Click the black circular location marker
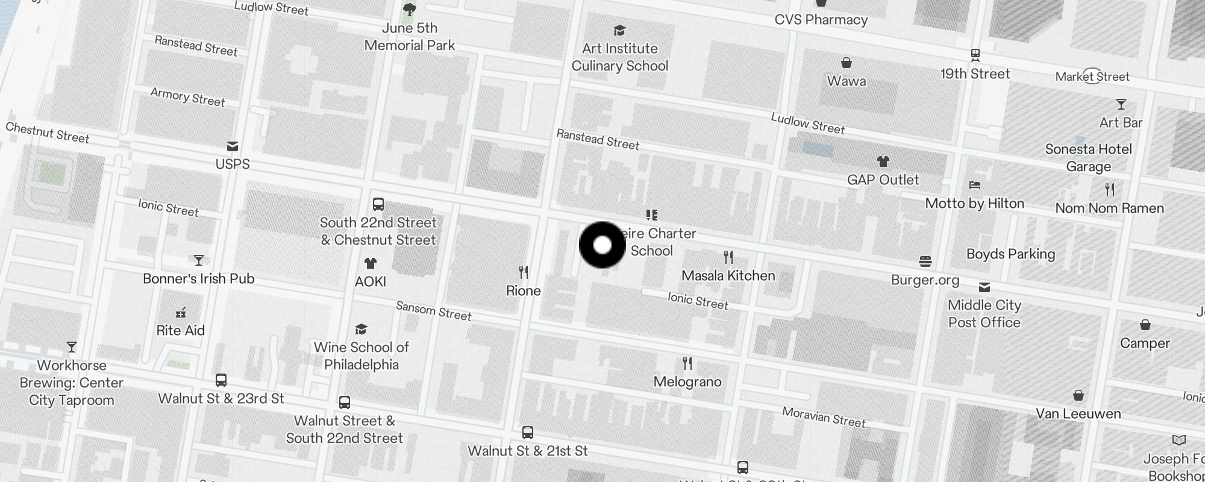(x=602, y=245)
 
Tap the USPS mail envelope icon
(x=233, y=146)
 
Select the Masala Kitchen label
(x=728, y=276)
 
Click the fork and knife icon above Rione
(x=524, y=272)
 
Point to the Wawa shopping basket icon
(x=847, y=63)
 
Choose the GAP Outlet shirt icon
(x=883, y=161)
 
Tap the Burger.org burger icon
(x=925, y=261)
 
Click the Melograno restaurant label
(x=687, y=382)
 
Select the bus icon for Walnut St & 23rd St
(x=221, y=380)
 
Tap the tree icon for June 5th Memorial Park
(x=410, y=9)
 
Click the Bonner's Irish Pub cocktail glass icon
(x=199, y=260)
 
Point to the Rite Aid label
(x=181, y=331)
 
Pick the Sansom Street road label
(x=433, y=311)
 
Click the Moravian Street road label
(x=824, y=417)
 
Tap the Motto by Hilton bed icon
(x=975, y=185)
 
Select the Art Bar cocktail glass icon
(x=1121, y=104)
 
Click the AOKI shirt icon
(x=370, y=263)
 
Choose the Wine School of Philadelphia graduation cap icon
(x=361, y=329)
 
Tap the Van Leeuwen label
(x=1078, y=414)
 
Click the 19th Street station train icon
(x=975, y=55)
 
